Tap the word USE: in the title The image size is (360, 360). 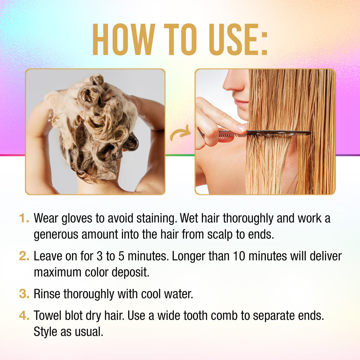(238, 39)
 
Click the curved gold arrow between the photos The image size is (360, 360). (180, 133)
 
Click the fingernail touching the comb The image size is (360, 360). (242, 128)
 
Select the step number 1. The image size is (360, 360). (24, 218)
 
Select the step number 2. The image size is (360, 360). (24, 256)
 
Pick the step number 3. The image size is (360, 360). (24, 294)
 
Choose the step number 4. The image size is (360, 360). (24, 316)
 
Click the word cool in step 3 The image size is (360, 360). (151, 294)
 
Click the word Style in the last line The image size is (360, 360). (45, 332)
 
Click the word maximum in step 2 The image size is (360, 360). (58, 273)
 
